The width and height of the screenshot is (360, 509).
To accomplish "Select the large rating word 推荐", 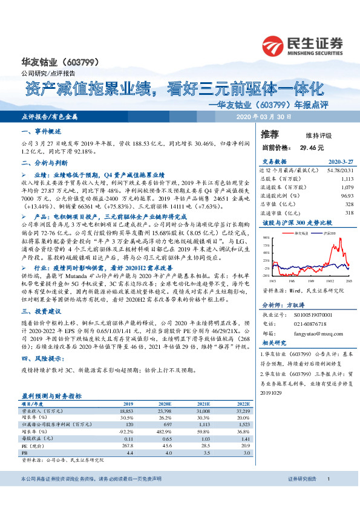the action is click(270, 134).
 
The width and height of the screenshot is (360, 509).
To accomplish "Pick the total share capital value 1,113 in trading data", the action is click(345, 180).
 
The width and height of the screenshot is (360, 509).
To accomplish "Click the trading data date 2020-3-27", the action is click(340, 163).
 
